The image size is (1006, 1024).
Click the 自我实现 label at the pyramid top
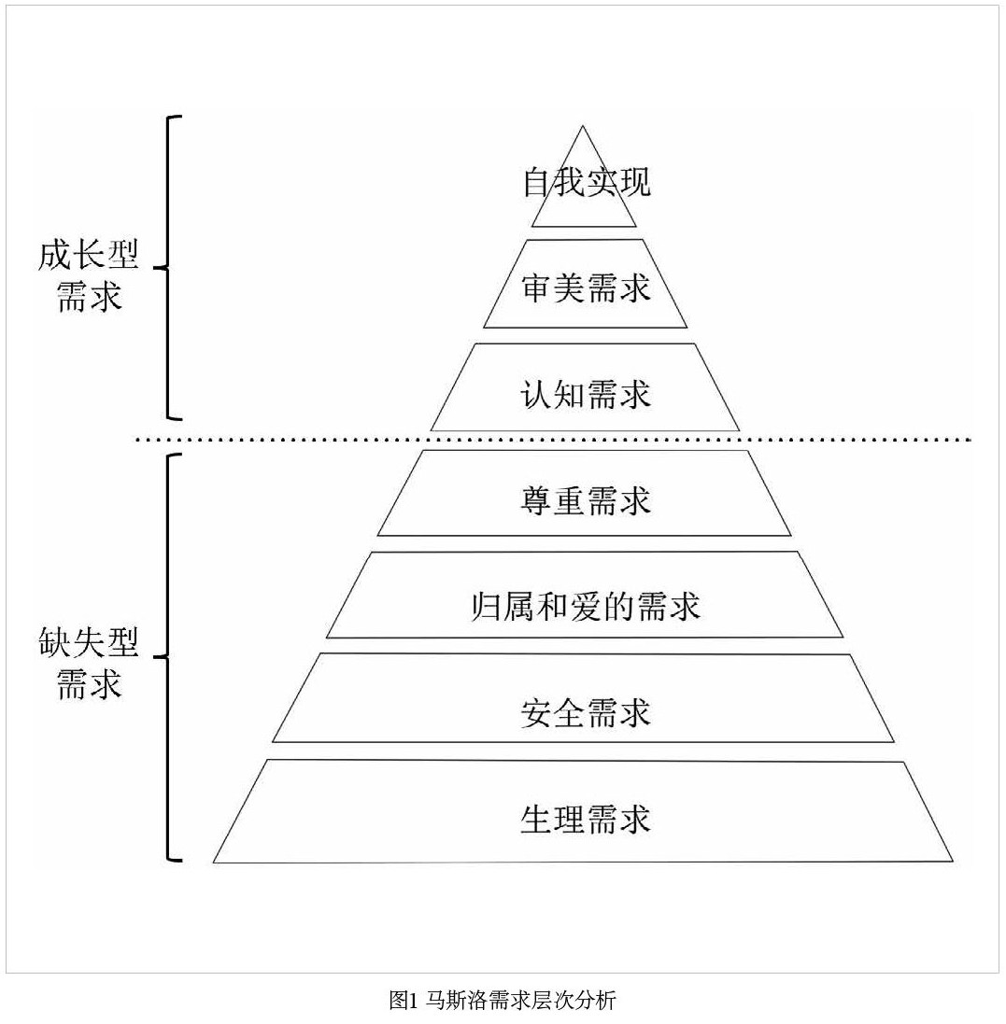tap(586, 182)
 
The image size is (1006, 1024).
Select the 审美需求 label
tap(586, 288)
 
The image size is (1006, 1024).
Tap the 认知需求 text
tap(586, 394)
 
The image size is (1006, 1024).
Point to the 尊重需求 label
tap(586, 500)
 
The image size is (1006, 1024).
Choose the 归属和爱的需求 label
tap(586, 607)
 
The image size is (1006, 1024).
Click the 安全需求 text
tap(586, 713)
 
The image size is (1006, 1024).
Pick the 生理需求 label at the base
tap(586, 820)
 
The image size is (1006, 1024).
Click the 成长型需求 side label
tap(89, 276)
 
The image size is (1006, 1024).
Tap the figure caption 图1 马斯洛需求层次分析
tap(503, 1002)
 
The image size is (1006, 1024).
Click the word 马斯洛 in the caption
tap(456, 1002)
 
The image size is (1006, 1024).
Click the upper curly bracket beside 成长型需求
tap(169, 268)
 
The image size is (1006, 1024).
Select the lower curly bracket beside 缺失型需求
tap(169, 657)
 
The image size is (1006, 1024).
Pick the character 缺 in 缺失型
tap(55, 642)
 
